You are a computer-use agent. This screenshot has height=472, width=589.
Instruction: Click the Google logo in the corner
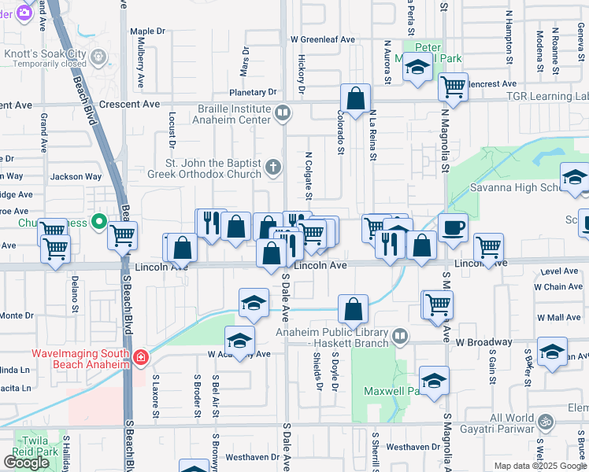[x=26, y=463]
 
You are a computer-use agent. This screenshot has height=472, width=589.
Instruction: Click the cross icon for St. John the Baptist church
[x=272, y=166]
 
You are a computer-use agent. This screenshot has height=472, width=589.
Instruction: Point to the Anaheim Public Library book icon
[x=401, y=337]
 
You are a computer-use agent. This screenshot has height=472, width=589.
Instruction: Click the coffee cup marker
[x=452, y=228]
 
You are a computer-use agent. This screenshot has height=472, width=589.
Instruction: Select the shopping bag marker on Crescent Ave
[x=356, y=100]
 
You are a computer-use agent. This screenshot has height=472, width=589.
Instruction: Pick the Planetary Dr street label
[x=253, y=92]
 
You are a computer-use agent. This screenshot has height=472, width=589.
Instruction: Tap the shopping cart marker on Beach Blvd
[x=122, y=235]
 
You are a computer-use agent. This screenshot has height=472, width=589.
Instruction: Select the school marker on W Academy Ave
[x=239, y=341]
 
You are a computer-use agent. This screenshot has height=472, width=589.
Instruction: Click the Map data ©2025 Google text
[x=540, y=466]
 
